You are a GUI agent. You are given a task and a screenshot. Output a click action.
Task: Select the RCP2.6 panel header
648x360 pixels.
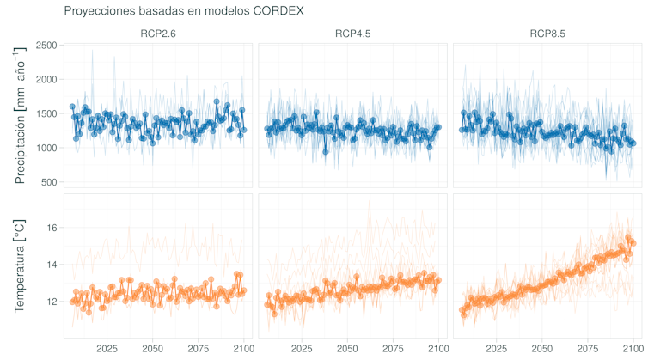click(x=159, y=34)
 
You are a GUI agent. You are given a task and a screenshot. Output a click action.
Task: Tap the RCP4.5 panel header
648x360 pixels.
click(x=353, y=34)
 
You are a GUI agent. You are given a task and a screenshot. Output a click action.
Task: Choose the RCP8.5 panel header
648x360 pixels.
click(x=547, y=34)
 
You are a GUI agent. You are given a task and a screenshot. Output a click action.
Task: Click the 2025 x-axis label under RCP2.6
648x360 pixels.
click(x=107, y=349)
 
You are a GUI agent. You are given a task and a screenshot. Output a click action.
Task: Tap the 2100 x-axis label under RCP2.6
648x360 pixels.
click(x=244, y=349)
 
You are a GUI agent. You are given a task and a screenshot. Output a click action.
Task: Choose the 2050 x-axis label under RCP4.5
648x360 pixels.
click(x=347, y=349)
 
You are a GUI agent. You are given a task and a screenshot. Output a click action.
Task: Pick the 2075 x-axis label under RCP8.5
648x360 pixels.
click(x=587, y=349)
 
